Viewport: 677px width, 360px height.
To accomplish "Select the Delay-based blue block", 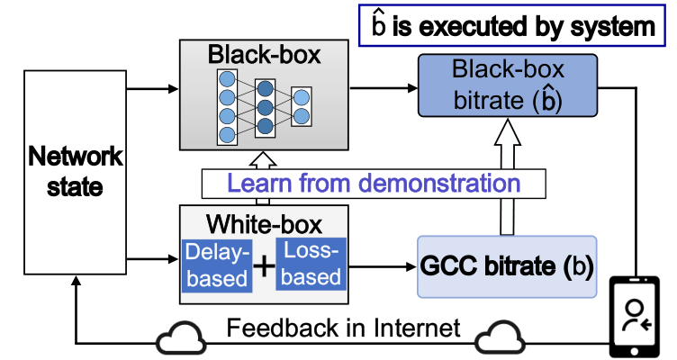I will click(x=215, y=265).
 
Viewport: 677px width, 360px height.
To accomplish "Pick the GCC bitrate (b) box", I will click(x=507, y=267).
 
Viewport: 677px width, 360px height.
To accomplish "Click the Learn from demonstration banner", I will click(x=374, y=184).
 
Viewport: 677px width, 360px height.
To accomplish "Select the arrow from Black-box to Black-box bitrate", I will click(x=383, y=88).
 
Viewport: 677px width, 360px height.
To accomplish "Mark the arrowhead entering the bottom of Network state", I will click(x=76, y=281).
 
